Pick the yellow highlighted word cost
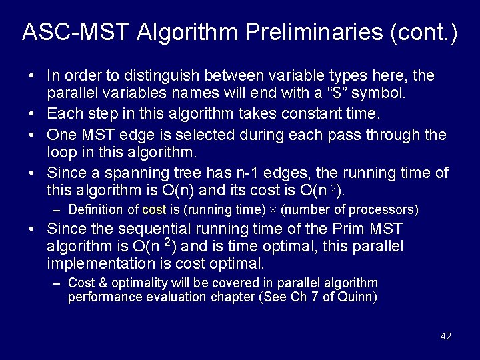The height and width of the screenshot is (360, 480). pyautogui.click(x=154, y=210)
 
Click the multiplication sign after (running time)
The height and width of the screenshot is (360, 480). pyautogui.click(x=273, y=211)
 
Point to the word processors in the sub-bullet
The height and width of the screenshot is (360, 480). pyautogui.click(x=385, y=210)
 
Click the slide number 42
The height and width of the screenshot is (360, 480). pyautogui.click(x=445, y=336)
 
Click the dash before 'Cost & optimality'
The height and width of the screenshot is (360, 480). pyautogui.click(x=57, y=283)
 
